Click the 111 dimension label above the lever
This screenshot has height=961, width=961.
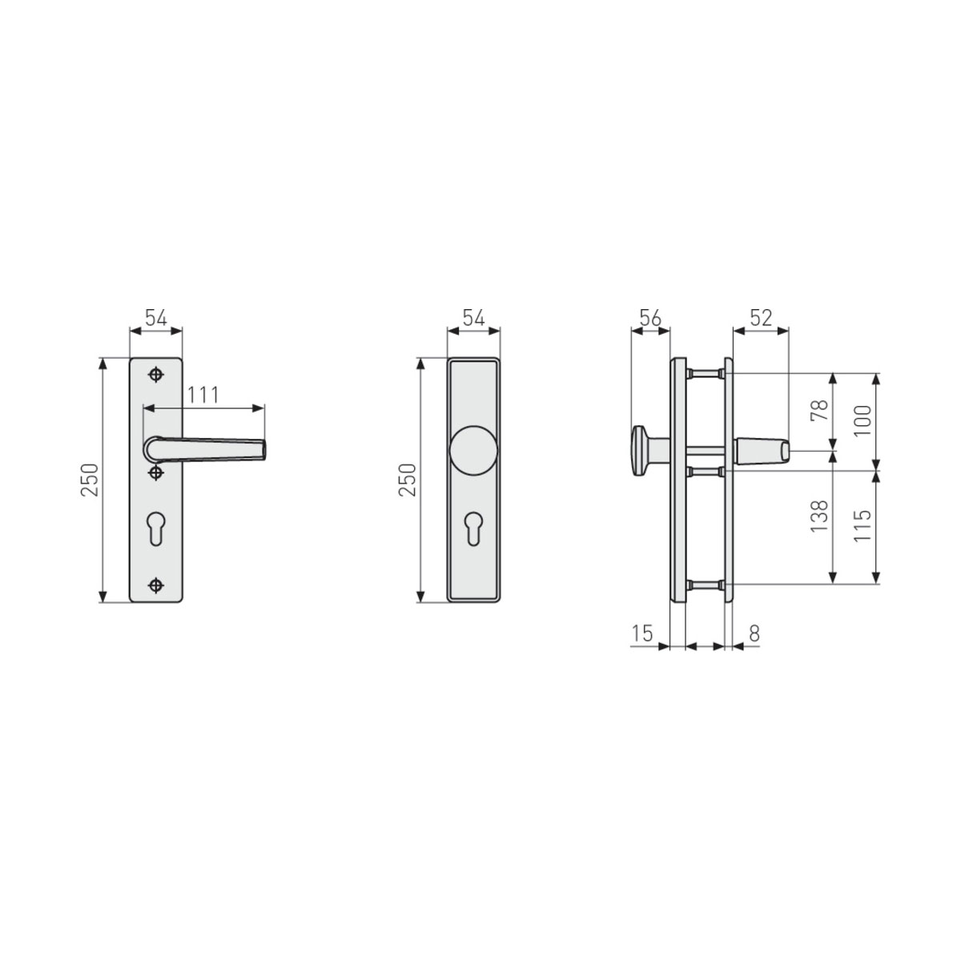[204, 395]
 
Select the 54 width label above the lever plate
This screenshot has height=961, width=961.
[155, 318]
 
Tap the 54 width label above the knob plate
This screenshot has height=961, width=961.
[472, 318]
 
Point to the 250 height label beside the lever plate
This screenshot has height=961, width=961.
[90, 480]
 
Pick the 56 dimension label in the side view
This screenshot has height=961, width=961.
[649, 318]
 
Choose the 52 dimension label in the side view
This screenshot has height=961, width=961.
[760, 318]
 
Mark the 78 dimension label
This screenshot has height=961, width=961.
[818, 412]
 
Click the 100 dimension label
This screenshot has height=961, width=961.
[862, 420]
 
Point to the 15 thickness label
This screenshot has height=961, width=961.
[642, 633]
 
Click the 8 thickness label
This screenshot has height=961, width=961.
[753, 633]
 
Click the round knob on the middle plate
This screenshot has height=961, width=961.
[473, 450]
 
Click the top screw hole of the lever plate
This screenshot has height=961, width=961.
[156, 375]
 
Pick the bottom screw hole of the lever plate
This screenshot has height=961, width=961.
[156, 584]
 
